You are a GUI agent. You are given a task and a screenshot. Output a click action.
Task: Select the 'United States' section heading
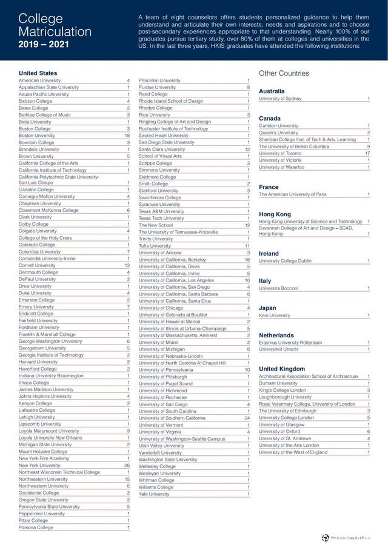[38, 73]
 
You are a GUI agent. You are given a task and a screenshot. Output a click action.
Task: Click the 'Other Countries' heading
[284, 73]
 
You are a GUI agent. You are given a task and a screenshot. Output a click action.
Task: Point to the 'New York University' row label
[40, 465]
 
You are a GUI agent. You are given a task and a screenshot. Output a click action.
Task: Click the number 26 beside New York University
[127, 465]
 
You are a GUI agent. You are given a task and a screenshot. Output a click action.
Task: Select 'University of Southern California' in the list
[172, 418]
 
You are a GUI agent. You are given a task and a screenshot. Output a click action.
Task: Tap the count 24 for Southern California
[247, 418]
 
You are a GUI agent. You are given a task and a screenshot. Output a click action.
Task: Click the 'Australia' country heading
[272, 91]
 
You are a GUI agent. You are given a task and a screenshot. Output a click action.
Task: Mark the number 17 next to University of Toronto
[367, 153]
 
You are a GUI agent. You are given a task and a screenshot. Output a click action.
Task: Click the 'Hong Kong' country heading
[275, 214]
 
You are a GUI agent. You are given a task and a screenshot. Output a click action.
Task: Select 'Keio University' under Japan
[275, 315]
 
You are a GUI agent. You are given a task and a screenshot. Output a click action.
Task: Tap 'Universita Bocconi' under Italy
[279, 288]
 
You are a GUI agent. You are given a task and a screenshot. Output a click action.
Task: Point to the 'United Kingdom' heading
[282, 369]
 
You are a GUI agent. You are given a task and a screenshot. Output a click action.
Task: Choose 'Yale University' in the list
[154, 494]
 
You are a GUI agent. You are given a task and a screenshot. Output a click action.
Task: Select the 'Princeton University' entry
[159, 81]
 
